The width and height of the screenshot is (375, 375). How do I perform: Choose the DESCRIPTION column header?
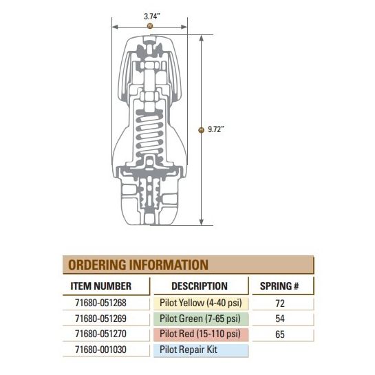199,286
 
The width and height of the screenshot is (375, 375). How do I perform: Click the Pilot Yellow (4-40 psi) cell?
200,302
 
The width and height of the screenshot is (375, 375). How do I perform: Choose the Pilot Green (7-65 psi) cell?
200,318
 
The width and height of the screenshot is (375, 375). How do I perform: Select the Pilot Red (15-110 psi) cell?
200,334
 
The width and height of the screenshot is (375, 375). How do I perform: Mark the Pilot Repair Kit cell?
200,350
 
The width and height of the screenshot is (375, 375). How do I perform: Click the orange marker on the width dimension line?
150,25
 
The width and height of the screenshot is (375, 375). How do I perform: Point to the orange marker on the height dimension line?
201,129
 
